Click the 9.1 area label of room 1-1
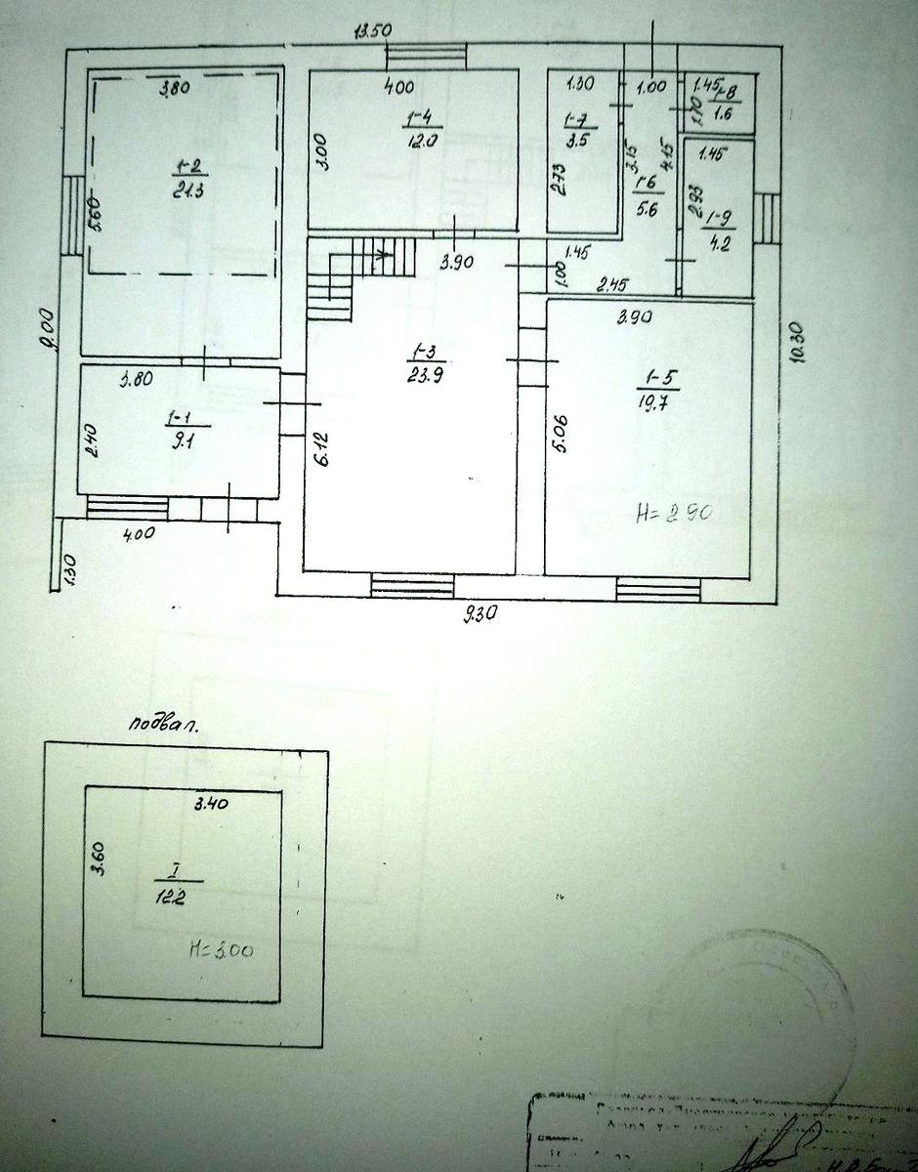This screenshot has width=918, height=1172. (x=181, y=439)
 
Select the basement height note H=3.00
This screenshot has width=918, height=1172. (x=224, y=948)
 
